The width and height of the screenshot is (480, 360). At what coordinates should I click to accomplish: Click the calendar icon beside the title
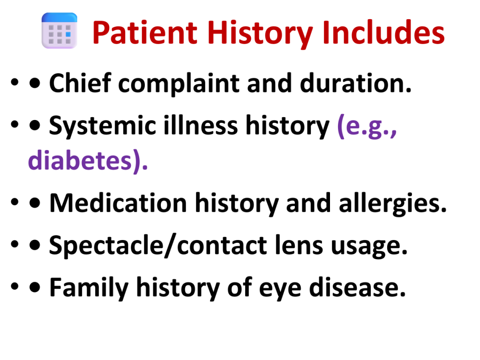pyautogui.click(x=60, y=30)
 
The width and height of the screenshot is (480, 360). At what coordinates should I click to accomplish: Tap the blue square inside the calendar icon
pyautogui.click(x=68, y=34)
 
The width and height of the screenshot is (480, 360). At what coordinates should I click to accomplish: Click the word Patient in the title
pyautogui.click(x=145, y=33)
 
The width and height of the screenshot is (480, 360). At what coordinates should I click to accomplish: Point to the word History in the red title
pyautogui.click(x=260, y=34)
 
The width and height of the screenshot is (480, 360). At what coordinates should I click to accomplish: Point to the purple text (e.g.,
pyautogui.click(x=367, y=126)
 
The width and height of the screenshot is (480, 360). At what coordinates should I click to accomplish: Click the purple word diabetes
pyautogui.click(x=88, y=161)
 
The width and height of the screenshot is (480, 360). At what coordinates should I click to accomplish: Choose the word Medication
pyautogui.click(x=118, y=202)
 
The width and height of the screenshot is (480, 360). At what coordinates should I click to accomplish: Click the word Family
pyautogui.click(x=89, y=288)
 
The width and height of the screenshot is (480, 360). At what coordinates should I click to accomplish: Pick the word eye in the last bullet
pyautogui.click(x=280, y=290)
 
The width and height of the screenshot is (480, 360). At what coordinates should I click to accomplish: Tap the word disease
pyautogui.click(x=357, y=287)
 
